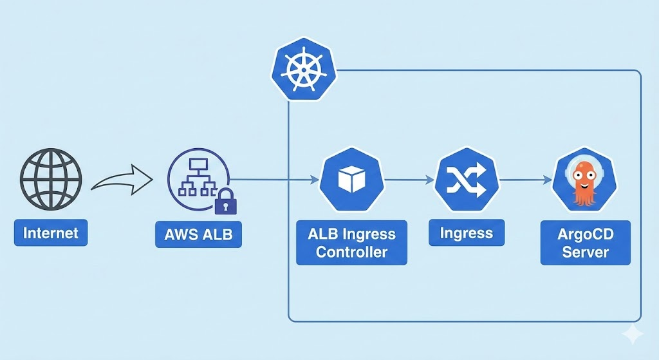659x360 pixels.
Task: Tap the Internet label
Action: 51,232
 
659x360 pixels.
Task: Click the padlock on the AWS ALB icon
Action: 225,203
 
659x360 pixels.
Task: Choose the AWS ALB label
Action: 198,234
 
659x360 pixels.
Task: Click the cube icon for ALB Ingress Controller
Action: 351,180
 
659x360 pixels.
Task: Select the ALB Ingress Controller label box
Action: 351,242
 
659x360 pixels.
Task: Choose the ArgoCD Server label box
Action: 586,242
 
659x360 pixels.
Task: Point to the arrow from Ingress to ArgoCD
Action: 524,180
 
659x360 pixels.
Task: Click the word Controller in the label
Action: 351,251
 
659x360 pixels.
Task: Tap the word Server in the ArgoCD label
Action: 586,251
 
